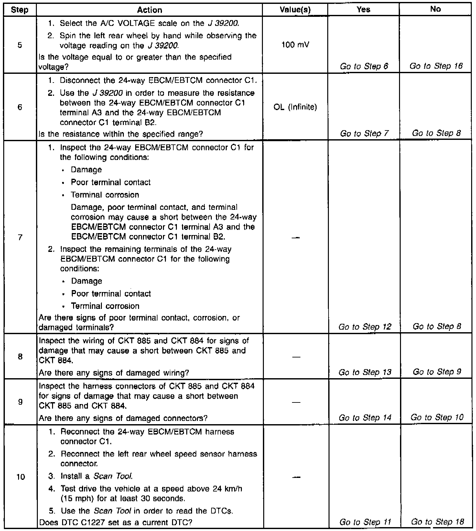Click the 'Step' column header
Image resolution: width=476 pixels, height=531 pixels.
tap(19, 10)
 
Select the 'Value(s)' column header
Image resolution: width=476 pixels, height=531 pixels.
tap(295, 10)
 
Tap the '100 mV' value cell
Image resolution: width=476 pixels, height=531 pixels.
tap(295, 44)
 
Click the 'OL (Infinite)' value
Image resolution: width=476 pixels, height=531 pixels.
tap(295, 107)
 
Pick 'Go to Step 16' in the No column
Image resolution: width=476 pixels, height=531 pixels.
tap(436, 66)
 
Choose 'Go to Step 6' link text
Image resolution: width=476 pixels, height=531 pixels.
tap(364, 66)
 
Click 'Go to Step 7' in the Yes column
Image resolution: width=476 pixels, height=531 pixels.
tap(364, 133)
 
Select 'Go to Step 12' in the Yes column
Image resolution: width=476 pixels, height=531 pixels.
tap(365, 327)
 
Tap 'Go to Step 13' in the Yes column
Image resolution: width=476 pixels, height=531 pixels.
tap(365, 372)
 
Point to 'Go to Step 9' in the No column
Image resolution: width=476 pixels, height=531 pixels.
tap(437, 372)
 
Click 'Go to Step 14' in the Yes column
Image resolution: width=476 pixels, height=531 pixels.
tap(365, 418)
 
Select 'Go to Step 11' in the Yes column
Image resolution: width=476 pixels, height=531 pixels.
tap(365, 522)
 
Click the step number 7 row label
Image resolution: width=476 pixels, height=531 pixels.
tap(20, 237)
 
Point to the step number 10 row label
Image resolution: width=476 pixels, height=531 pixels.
tap(20, 477)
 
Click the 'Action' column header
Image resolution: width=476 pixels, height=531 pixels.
tap(149, 10)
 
